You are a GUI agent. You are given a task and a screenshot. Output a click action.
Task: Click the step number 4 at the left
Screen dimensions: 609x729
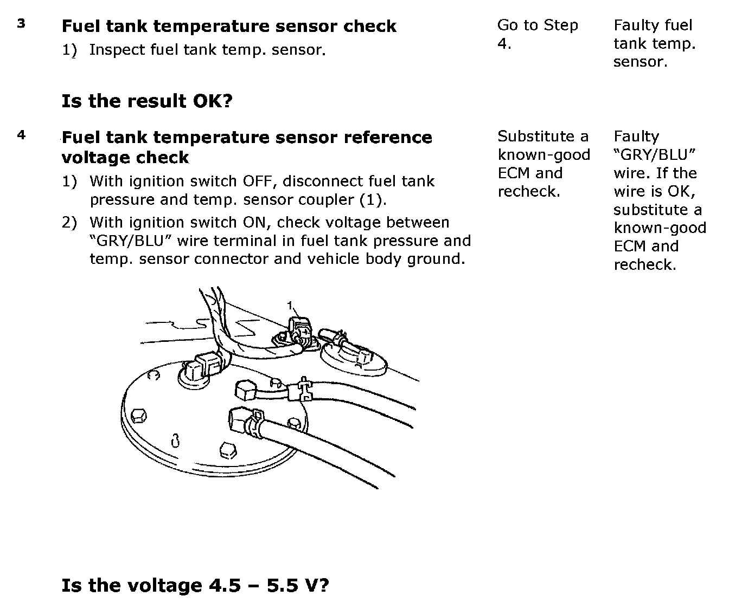click(21, 134)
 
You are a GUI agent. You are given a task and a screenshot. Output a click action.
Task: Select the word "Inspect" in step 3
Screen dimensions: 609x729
click(117, 50)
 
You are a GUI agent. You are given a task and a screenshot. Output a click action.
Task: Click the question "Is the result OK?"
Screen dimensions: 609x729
click(146, 101)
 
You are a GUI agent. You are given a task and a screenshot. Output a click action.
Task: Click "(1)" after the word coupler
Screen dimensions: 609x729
click(373, 200)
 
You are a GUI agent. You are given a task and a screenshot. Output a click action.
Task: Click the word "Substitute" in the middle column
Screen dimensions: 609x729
click(535, 137)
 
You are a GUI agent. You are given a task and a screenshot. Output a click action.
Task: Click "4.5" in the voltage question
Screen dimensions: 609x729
click(224, 586)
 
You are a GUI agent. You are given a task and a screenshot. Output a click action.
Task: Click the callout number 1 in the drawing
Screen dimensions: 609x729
click(290, 305)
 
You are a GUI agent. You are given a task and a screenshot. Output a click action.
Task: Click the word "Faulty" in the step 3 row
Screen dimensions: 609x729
click(634, 25)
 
